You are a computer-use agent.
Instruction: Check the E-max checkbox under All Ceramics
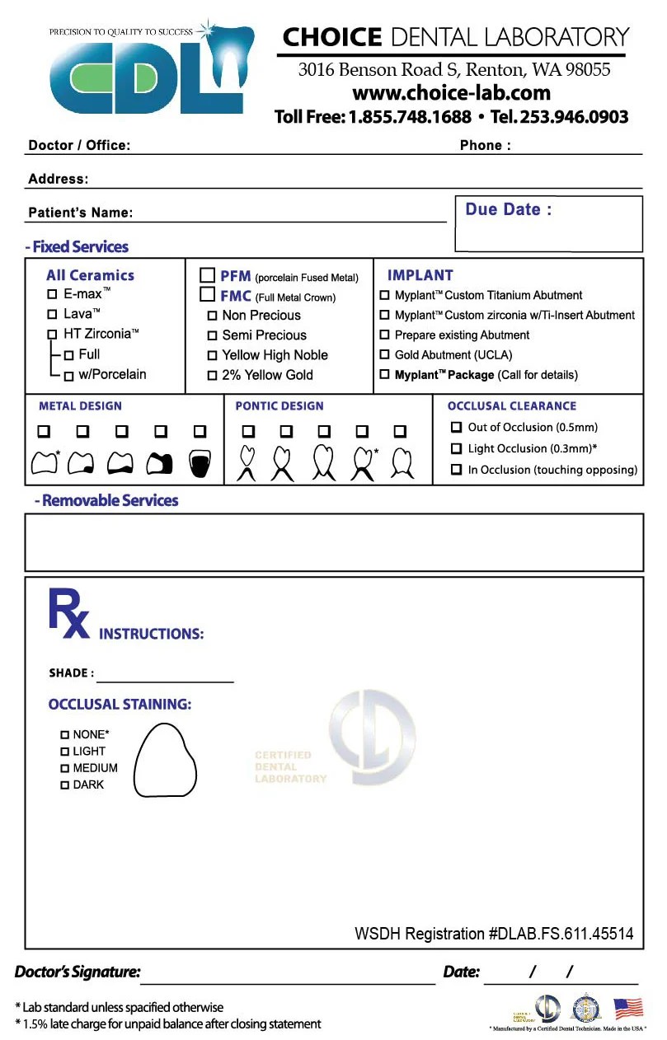(x=52, y=293)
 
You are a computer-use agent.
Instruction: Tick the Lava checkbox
(x=52, y=314)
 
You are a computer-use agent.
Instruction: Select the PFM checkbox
(x=208, y=276)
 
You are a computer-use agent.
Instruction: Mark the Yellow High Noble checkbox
(x=212, y=355)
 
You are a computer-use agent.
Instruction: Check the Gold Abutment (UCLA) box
(x=384, y=355)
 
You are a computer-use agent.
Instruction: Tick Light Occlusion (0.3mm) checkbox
(x=456, y=448)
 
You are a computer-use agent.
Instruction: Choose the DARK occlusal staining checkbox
(x=64, y=785)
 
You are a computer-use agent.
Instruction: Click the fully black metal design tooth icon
(x=200, y=464)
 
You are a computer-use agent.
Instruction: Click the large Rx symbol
(x=68, y=613)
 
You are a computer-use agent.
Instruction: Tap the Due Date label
(x=508, y=209)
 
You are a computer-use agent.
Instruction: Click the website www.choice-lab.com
(x=451, y=93)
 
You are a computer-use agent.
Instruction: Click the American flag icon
(x=628, y=1008)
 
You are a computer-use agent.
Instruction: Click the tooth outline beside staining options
(x=165, y=761)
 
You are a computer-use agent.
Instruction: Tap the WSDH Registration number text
(x=494, y=934)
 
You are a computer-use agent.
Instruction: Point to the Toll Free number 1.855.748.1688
(x=410, y=117)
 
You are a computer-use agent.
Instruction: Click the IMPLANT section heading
(x=420, y=275)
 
